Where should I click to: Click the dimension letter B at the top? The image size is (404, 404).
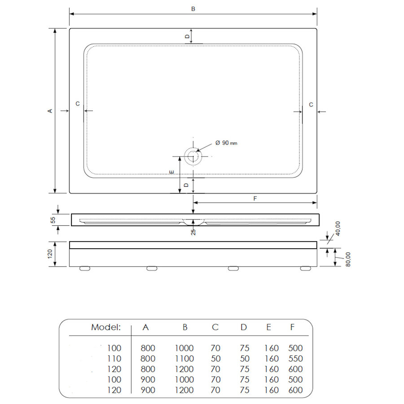click(193, 9)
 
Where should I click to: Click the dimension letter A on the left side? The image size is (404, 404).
click(50, 110)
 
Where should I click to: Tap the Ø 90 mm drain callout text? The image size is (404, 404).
click(226, 143)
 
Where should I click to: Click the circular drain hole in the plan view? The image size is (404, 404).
click(193, 157)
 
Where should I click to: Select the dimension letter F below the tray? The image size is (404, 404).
click(255, 198)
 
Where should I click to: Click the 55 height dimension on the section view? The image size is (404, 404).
click(53, 220)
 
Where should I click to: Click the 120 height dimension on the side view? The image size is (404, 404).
click(51, 255)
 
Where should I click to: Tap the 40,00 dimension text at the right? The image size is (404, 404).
click(338, 228)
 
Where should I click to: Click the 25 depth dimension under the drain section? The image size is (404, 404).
click(193, 232)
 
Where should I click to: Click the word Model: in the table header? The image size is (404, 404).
click(106, 327)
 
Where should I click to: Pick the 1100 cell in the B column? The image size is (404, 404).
click(184, 359)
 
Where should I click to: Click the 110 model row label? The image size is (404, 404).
click(114, 359)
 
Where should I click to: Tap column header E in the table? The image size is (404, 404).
click(268, 327)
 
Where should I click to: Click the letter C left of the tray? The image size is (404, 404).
click(77, 104)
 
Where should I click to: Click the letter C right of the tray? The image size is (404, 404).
click(311, 104)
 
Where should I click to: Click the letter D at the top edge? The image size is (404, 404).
click(188, 35)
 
